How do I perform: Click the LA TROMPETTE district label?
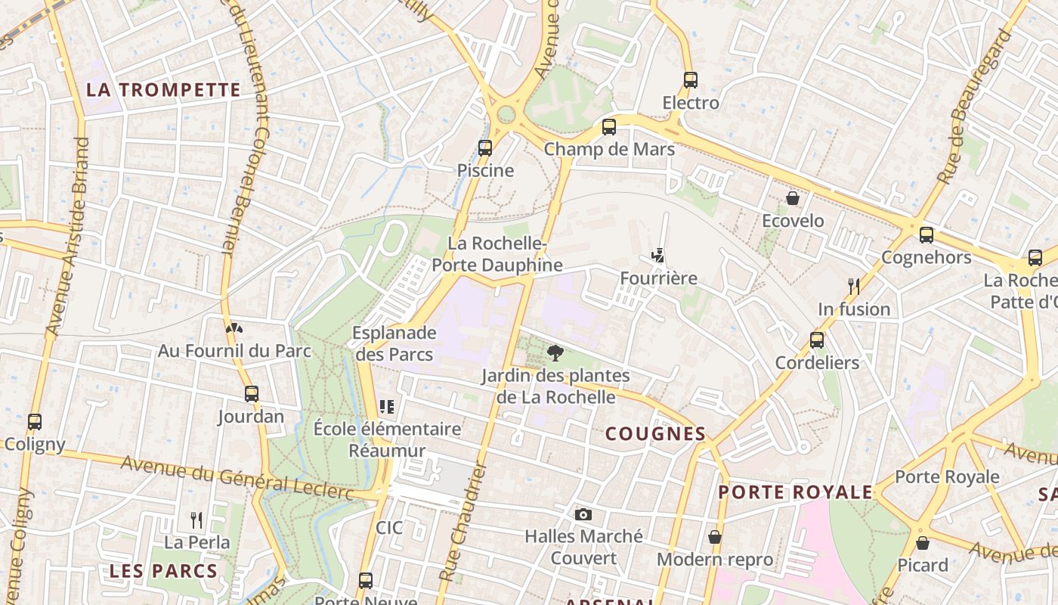163,90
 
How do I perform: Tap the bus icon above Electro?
690,80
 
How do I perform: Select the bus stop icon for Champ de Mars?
609,127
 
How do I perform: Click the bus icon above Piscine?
485,148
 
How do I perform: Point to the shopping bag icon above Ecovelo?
793,198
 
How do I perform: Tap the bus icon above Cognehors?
927,235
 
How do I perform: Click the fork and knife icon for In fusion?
854,287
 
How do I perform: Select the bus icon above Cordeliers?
817,340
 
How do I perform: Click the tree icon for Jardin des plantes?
555,352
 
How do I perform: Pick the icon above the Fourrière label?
658,256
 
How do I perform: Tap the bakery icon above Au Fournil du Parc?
234,328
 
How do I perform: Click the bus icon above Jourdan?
252,394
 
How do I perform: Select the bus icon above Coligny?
35,422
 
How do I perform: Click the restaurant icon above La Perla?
196,520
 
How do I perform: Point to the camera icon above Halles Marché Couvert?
583,514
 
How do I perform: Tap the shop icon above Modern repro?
714,537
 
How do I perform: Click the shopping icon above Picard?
922,542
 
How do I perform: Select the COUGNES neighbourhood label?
656,434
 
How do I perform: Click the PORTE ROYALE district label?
795,492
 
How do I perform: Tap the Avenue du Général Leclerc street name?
237,478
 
